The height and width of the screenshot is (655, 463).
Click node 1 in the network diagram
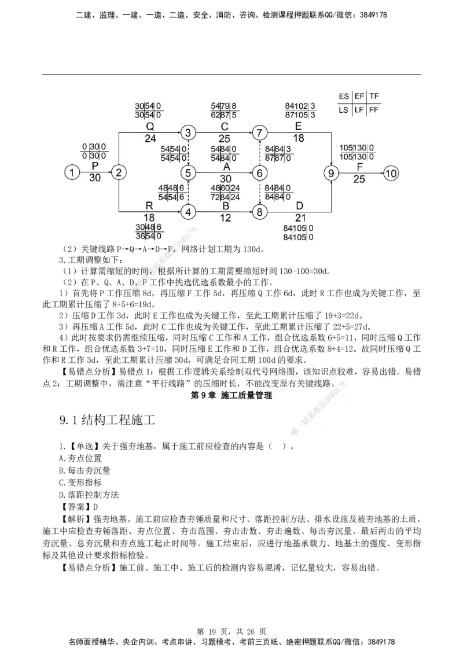tap(72, 172)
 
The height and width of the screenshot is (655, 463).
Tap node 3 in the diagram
tap(188, 133)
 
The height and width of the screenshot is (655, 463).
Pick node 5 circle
tap(188, 172)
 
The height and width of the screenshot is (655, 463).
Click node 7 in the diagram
tap(259, 133)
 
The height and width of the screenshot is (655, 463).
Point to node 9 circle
tap(331, 172)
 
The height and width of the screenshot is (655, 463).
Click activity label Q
tap(150, 127)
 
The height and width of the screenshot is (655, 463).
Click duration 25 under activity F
tap(359, 180)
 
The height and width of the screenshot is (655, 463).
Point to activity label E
tap(298, 127)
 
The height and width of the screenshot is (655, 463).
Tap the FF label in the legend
tap(375, 109)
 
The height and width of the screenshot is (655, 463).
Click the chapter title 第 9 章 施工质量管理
tap(231, 396)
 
